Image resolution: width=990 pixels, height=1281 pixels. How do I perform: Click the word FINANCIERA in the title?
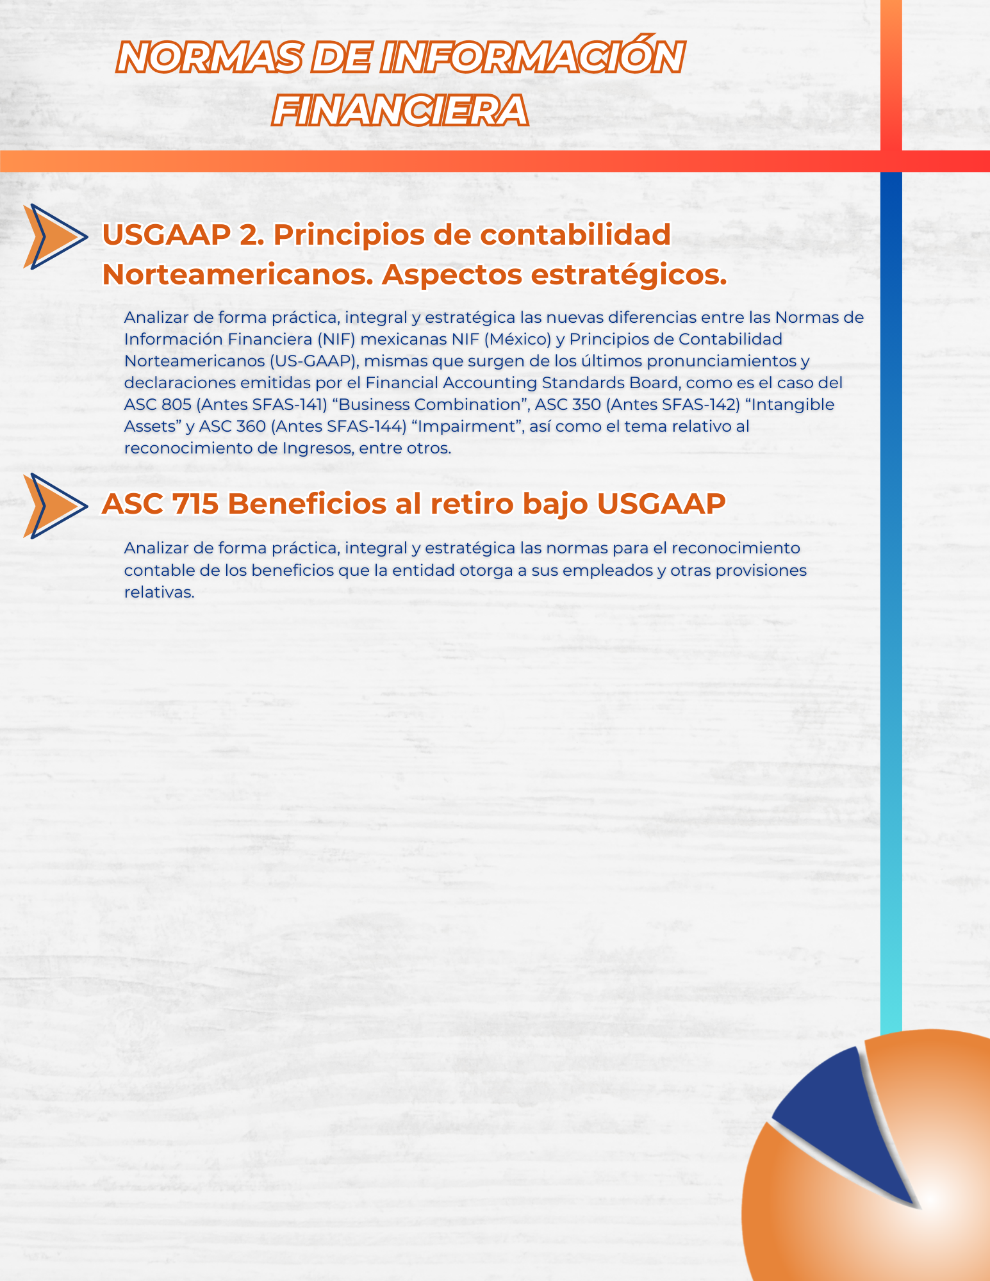(x=400, y=111)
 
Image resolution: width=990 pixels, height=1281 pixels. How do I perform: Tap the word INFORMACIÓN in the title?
(x=531, y=58)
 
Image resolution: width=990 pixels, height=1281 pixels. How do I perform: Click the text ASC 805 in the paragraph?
(x=157, y=405)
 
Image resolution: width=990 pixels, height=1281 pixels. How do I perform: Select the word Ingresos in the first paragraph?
(x=317, y=448)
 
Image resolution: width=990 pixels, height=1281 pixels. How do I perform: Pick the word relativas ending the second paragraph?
(x=159, y=592)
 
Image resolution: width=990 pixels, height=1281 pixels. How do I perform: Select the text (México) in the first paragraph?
(x=516, y=339)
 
